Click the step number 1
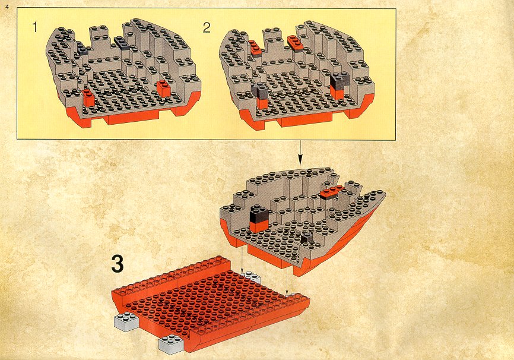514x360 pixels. [x=35, y=27]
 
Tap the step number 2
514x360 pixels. [x=207, y=28]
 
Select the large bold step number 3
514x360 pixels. [x=118, y=264]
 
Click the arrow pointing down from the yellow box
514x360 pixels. [x=299, y=153]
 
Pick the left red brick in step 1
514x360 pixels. [x=88, y=98]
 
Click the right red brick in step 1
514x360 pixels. [x=164, y=88]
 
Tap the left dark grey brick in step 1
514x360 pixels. [x=82, y=48]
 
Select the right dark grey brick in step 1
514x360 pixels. [x=122, y=43]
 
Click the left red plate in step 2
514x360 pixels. [x=255, y=48]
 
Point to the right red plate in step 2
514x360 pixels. [x=296, y=43]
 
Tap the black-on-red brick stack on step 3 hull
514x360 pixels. [x=259, y=218]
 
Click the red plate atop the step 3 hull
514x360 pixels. [x=332, y=192]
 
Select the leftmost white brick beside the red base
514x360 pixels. [x=126, y=321]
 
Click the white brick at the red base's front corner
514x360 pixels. [x=171, y=344]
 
